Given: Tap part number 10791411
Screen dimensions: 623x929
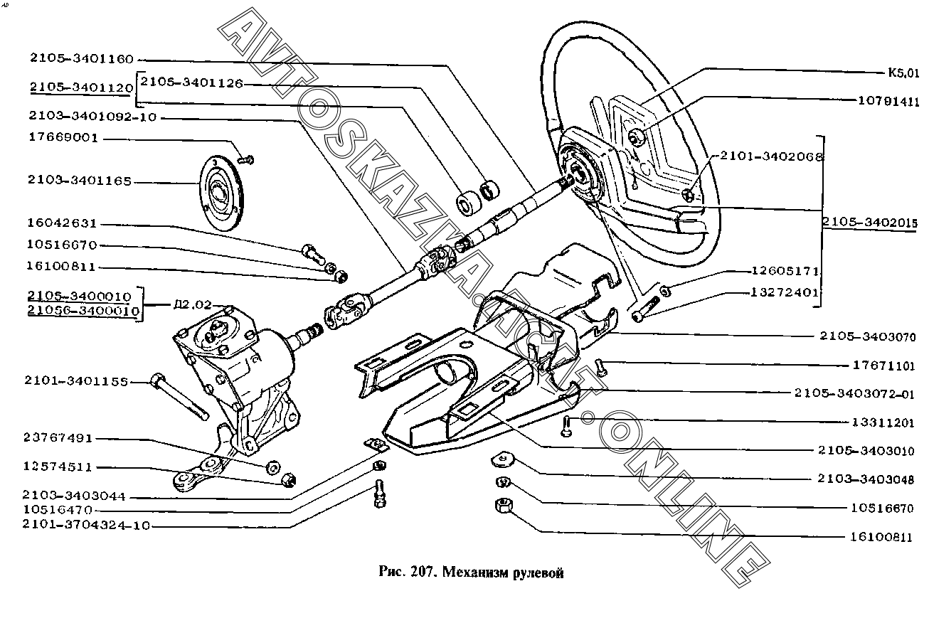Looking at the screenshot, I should [886, 101].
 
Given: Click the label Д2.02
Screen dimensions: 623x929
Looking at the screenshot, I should [192, 306].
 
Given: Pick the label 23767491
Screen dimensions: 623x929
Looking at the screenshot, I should [59, 439].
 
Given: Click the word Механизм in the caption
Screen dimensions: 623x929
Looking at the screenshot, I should [477, 573].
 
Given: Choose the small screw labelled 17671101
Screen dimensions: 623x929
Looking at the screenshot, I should [600, 367].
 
